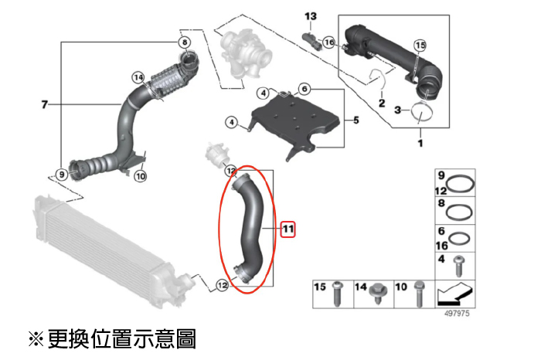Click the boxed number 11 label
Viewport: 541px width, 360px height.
[x=288, y=229]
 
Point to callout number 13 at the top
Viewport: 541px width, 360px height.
[x=311, y=16]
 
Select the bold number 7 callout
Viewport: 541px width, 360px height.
[x=44, y=104]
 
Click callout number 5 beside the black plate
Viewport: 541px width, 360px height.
[x=356, y=120]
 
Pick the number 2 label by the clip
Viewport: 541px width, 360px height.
[x=381, y=103]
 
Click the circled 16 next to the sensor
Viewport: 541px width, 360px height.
[x=328, y=43]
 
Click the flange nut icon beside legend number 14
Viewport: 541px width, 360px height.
[x=378, y=291]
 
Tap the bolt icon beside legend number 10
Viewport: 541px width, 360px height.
[x=419, y=291]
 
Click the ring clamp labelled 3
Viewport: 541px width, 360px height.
[x=422, y=113]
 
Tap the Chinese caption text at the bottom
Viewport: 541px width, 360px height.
[x=112, y=338]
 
